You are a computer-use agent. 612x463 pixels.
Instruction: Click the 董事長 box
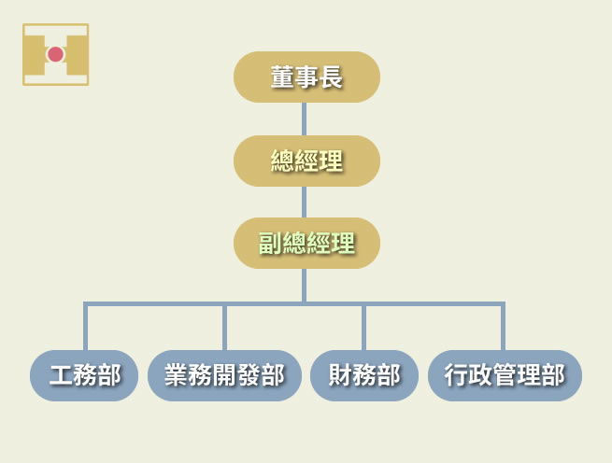pos(306,77)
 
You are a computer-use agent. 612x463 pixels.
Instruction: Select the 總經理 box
pos(306,161)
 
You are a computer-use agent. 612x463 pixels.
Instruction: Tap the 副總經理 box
pos(306,243)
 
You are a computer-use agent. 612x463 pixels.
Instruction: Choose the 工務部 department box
pos(84,375)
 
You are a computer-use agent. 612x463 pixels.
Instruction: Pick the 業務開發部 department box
pos(224,375)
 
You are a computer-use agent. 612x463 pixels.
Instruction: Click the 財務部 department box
pos(363,375)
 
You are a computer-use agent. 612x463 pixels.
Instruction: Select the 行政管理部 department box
pos(505,375)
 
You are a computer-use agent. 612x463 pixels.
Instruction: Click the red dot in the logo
pos(55,54)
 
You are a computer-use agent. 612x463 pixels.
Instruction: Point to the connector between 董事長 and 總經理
pos(305,119)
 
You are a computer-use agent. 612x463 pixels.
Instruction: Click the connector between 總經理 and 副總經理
pos(305,202)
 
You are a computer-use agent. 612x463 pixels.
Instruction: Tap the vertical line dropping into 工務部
pos(85,328)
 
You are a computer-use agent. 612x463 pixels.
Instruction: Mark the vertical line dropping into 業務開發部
pos(224,328)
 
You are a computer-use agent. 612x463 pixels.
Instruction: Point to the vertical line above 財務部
pos(363,328)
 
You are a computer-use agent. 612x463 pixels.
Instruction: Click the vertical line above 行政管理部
pos(503,328)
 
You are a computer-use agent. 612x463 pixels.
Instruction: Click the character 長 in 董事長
pos(331,77)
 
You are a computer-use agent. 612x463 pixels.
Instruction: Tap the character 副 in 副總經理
pos(270,244)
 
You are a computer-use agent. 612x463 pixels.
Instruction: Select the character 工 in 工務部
pos(61,375)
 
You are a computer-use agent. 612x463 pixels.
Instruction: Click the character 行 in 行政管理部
pos(456,375)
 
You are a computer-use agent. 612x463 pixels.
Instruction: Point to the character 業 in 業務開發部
pos(176,375)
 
